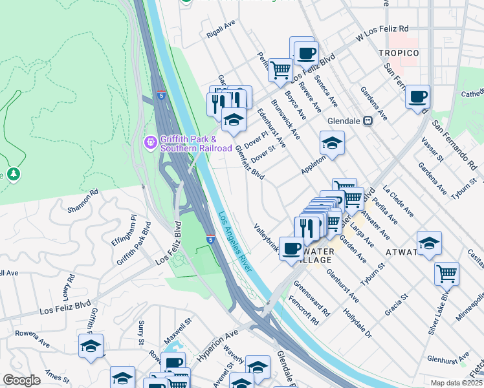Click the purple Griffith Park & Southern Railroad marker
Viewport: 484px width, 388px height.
[x=151, y=141]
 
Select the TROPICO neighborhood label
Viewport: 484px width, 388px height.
[x=399, y=52]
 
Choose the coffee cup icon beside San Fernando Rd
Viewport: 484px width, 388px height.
[x=418, y=97]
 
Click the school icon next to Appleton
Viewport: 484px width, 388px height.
[x=332, y=143]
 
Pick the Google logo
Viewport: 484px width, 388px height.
[x=21, y=380]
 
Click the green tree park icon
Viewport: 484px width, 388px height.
[x=13, y=175]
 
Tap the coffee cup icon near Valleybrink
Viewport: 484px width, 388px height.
[x=291, y=248]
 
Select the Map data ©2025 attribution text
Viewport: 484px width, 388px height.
[x=456, y=383]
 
